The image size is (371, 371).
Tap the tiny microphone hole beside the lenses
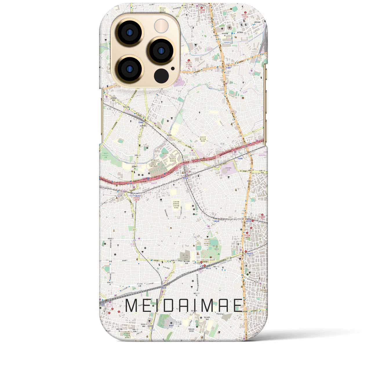[x=173, y=69]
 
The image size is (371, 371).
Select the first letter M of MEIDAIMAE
[x=132, y=306]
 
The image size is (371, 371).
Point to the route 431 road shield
[x=245, y=132]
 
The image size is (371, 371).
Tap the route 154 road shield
[x=195, y=237]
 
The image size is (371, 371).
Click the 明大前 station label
[x=185, y=179]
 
